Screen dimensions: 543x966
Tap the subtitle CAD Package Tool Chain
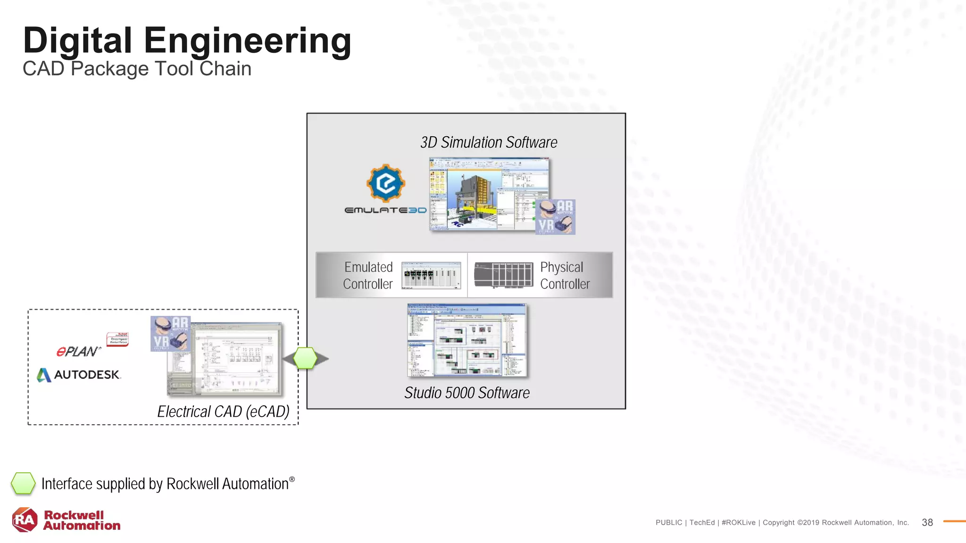click(x=137, y=69)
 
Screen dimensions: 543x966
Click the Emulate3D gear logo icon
click(x=386, y=183)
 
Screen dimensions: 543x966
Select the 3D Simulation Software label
click(x=489, y=142)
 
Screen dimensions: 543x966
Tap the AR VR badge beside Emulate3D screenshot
click(x=555, y=217)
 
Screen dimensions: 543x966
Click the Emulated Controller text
click(x=368, y=275)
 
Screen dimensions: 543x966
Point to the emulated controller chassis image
click(x=431, y=275)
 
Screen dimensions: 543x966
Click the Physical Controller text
click(x=565, y=275)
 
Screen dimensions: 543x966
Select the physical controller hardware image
click(x=503, y=275)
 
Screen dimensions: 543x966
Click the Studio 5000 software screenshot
click(x=467, y=340)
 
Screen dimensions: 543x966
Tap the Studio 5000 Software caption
click(x=467, y=393)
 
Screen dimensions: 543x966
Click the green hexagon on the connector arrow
click(x=305, y=358)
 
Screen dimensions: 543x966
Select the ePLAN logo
click(x=78, y=351)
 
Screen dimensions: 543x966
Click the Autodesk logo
click(x=79, y=375)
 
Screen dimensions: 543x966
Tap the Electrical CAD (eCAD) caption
click(x=223, y=411)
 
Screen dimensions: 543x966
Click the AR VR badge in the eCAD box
click(x=170, y=334)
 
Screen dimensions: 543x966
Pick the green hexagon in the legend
click(x=23, y=484)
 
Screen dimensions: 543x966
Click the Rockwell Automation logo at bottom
click(x=66, y=520)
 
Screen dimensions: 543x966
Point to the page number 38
click(x=927, y=522)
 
